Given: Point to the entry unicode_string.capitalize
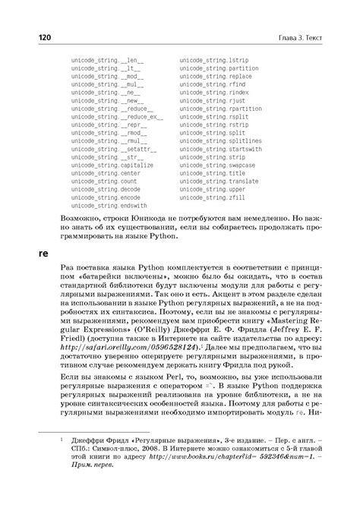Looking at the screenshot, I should point(112,165).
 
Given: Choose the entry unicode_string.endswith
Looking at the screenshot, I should point(109,205).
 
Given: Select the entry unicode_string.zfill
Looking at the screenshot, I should point(209,197).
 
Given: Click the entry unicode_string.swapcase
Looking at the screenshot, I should point(215,165).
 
